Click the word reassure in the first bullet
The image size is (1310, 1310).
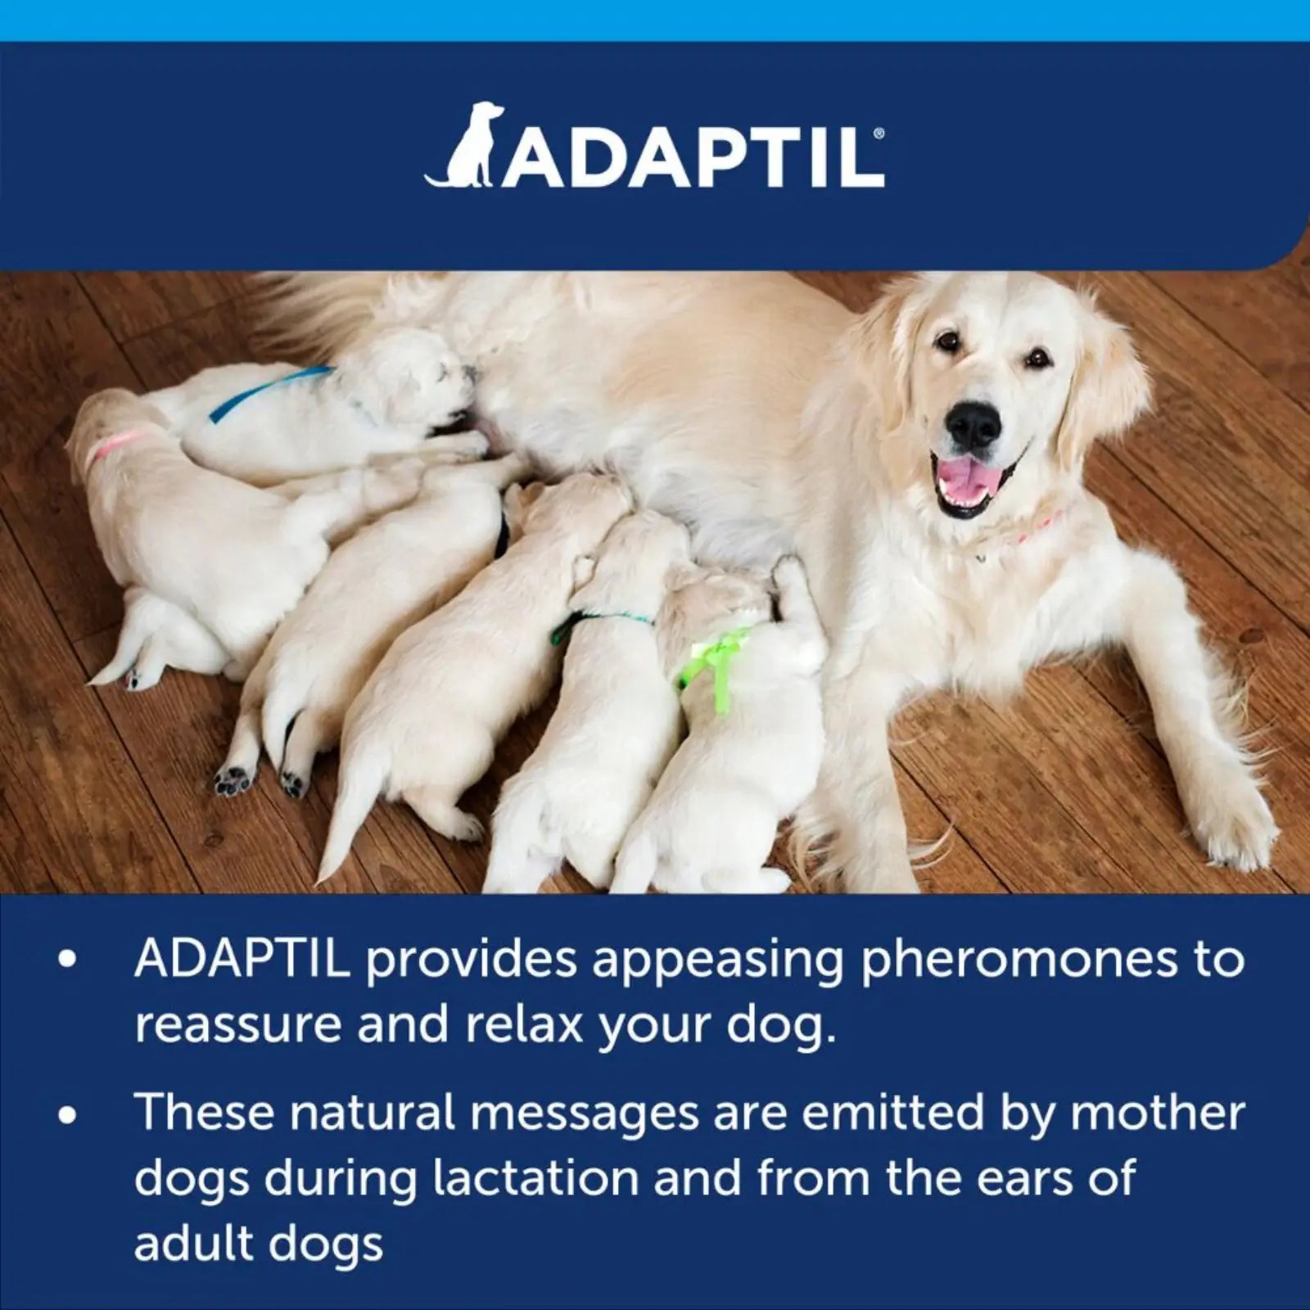pos(237,1025)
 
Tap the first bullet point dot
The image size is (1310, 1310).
pos(68,960)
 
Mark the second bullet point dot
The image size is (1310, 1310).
pos(68,1114)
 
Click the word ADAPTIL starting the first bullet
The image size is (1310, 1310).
pos(242,960)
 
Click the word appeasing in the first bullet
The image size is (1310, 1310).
pos(716,960)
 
